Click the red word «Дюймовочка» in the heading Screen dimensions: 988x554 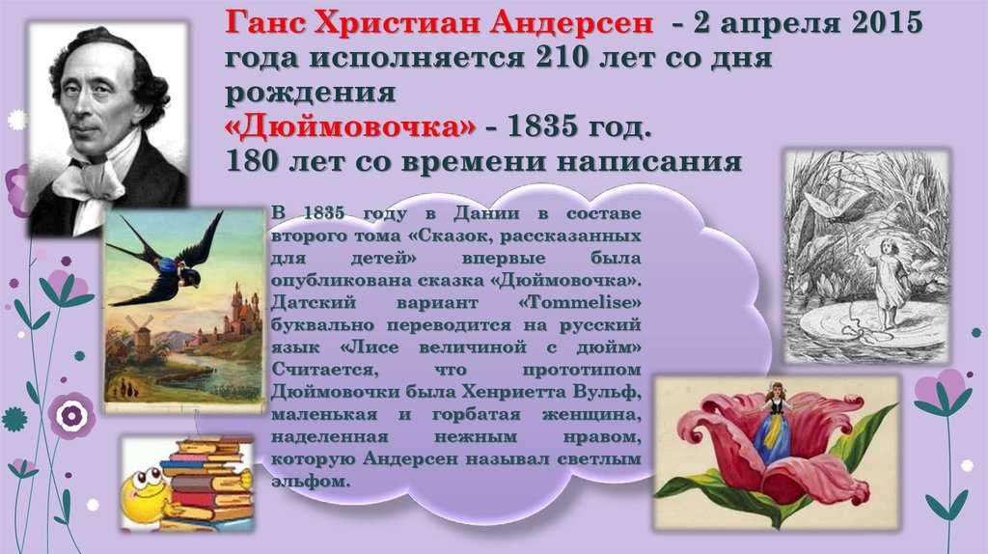point(350,126)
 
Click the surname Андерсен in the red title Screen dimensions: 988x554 point(571,23)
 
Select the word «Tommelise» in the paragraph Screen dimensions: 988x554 point(580,302)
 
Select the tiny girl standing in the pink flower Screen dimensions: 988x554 point(775,422)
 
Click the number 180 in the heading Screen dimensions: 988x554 point(252,161)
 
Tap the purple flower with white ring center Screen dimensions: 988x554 point(71,416)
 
